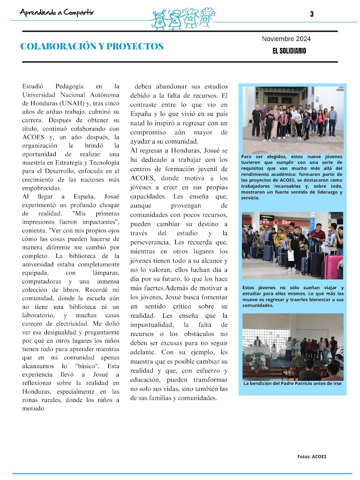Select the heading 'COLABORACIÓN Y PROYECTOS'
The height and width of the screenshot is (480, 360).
92,47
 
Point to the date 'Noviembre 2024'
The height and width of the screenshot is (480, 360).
286,39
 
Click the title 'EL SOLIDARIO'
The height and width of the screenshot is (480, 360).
289,51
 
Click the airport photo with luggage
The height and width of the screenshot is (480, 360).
292,245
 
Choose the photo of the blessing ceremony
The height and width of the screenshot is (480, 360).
292,346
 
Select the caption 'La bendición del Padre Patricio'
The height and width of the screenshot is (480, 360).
292,384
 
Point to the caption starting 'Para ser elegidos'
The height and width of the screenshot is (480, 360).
292,177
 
